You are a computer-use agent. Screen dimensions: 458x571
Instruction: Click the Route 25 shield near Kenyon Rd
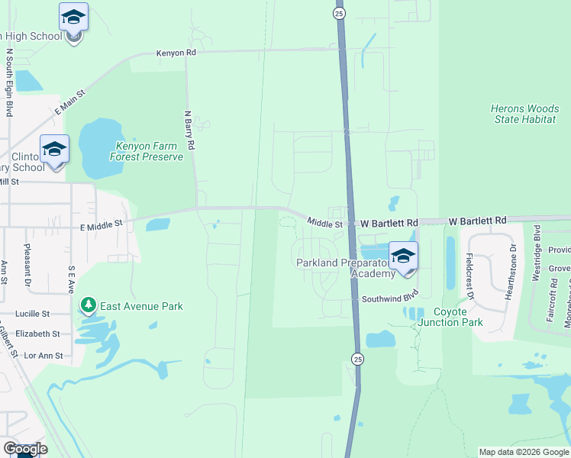(340, 14)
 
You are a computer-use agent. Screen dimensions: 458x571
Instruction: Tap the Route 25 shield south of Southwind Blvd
(356, 358)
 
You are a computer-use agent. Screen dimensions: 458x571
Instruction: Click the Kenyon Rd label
(176, 53)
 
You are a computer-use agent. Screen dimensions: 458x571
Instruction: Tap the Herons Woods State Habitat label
(525, 114)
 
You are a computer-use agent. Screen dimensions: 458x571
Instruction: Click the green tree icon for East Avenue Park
(89, 306)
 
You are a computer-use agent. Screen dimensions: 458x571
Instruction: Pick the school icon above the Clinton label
(54, 149)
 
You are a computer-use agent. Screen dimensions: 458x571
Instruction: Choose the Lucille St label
(32, 314)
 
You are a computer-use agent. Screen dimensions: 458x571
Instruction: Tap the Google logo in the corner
(26, 449)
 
